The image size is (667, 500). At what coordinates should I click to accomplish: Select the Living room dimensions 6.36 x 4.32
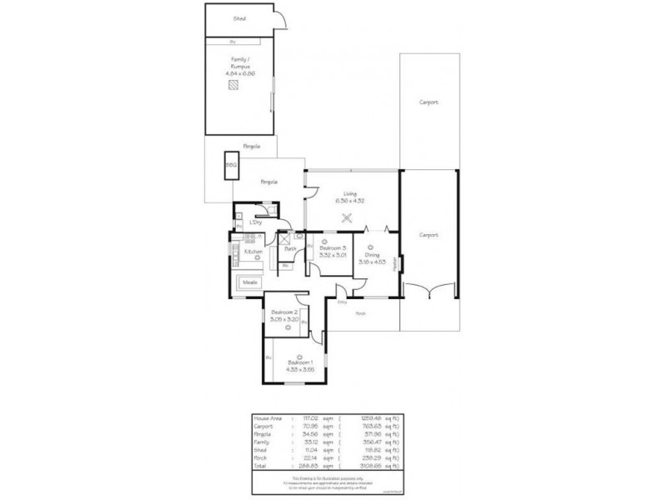pos(349,200)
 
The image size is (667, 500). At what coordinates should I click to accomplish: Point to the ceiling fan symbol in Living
pos(348,218)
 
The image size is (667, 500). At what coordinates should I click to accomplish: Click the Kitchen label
pos(253,251)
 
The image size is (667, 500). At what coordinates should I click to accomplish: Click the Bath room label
pos(291,248)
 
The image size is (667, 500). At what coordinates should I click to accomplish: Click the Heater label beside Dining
pos(396,263)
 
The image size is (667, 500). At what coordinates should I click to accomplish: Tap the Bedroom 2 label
pos(284,312)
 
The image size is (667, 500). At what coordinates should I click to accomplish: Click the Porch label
pos(361,314)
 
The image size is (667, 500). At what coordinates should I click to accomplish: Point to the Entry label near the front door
pos(343,302)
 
